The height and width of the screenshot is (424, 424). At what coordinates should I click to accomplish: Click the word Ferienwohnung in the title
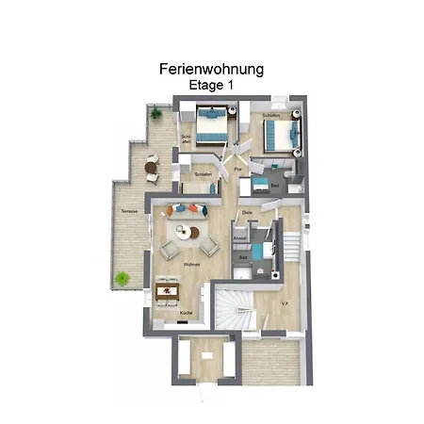tap(211, 69)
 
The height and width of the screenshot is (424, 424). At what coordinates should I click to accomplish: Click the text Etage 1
tap(211, 85)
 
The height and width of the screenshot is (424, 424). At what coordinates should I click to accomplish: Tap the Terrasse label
tap(129, 211)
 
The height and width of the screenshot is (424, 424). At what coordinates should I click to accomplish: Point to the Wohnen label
tap(192, 265)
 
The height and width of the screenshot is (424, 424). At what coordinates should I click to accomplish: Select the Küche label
tap(188, 312)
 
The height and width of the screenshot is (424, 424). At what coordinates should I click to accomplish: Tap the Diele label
tap(247, 213)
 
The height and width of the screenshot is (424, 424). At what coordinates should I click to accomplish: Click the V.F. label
tap(285, 304)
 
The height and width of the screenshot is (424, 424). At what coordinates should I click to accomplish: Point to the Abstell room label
tap(239, 238)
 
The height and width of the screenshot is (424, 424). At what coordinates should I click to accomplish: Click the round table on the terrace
tap(151, 170)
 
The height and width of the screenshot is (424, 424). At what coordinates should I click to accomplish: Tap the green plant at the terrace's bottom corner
tap(122, 278)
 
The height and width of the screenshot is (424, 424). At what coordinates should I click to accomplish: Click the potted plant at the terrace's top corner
tap(156, 114)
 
